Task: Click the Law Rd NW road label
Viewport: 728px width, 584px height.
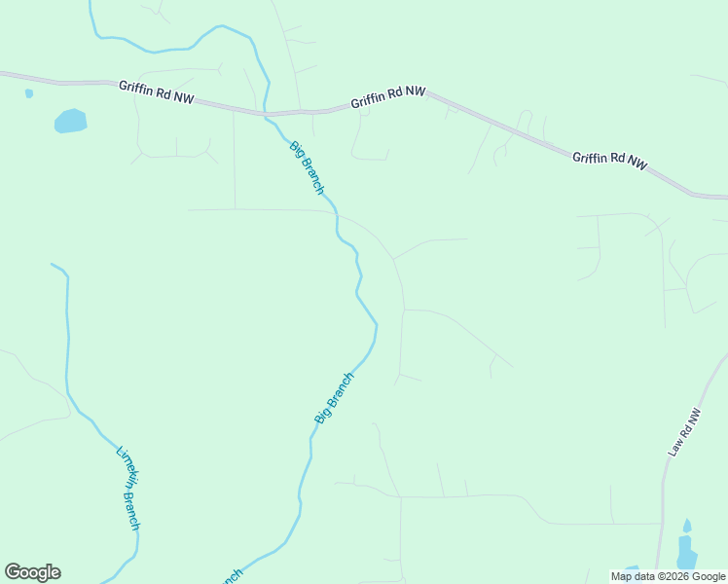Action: click(685, 432)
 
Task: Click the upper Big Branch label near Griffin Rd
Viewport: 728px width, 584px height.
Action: click(307, 167)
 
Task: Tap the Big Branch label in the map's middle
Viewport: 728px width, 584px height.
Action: click(335, 397)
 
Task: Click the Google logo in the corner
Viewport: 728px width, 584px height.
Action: click(32, 572)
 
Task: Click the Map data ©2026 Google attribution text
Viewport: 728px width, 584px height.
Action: click(668, 576)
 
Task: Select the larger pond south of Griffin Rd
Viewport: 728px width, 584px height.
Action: click(70, 121)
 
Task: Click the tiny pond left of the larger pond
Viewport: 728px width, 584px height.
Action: click(29, 93)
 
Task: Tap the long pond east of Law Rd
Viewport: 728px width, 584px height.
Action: click(686, 552)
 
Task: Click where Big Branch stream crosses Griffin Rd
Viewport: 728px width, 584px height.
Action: click(267, 114)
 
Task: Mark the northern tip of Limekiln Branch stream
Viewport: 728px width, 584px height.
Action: click(53, 264)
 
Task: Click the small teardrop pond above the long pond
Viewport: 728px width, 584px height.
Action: click(687, 526)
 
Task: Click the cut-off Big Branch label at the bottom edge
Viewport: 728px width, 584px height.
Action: click(230, 576)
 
